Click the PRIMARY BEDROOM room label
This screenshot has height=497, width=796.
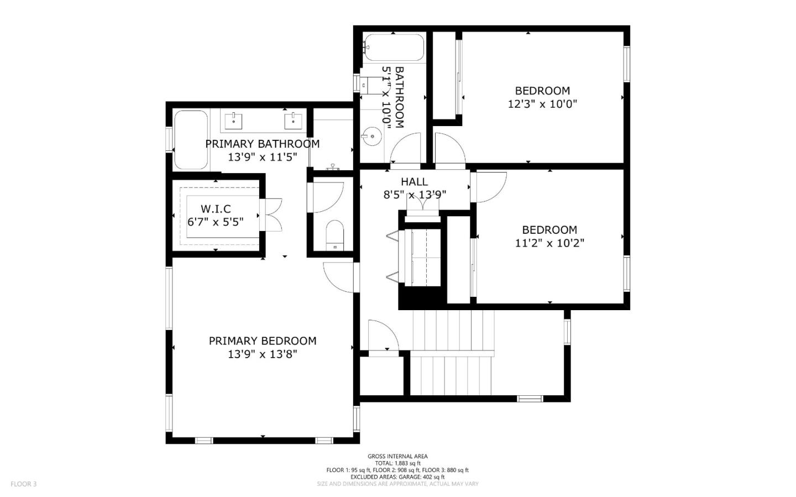pos(263,341)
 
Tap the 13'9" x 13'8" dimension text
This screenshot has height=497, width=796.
pos(263,354)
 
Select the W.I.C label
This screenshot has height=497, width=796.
pos(216,209)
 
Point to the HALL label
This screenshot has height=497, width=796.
pos(414,182)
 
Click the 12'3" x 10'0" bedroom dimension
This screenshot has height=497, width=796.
pos(542,104)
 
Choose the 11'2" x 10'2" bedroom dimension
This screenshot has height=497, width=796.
pos(549,243)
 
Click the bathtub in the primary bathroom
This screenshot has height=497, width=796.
pos(191,140)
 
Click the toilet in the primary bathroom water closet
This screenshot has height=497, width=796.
pos(335,235)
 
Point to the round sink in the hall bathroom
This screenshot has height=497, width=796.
pos(372,135)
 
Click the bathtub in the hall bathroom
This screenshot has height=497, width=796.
pos(394,48)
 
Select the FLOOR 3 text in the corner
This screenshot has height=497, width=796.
pos(23,484)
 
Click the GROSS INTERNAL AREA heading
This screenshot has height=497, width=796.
pos(397,456)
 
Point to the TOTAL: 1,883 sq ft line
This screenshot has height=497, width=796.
pos(397,463)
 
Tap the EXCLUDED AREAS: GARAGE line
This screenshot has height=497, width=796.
pos(397,477)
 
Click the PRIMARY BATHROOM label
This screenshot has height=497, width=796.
pos(263,144)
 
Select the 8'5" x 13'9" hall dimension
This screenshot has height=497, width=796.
pos(415,195)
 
